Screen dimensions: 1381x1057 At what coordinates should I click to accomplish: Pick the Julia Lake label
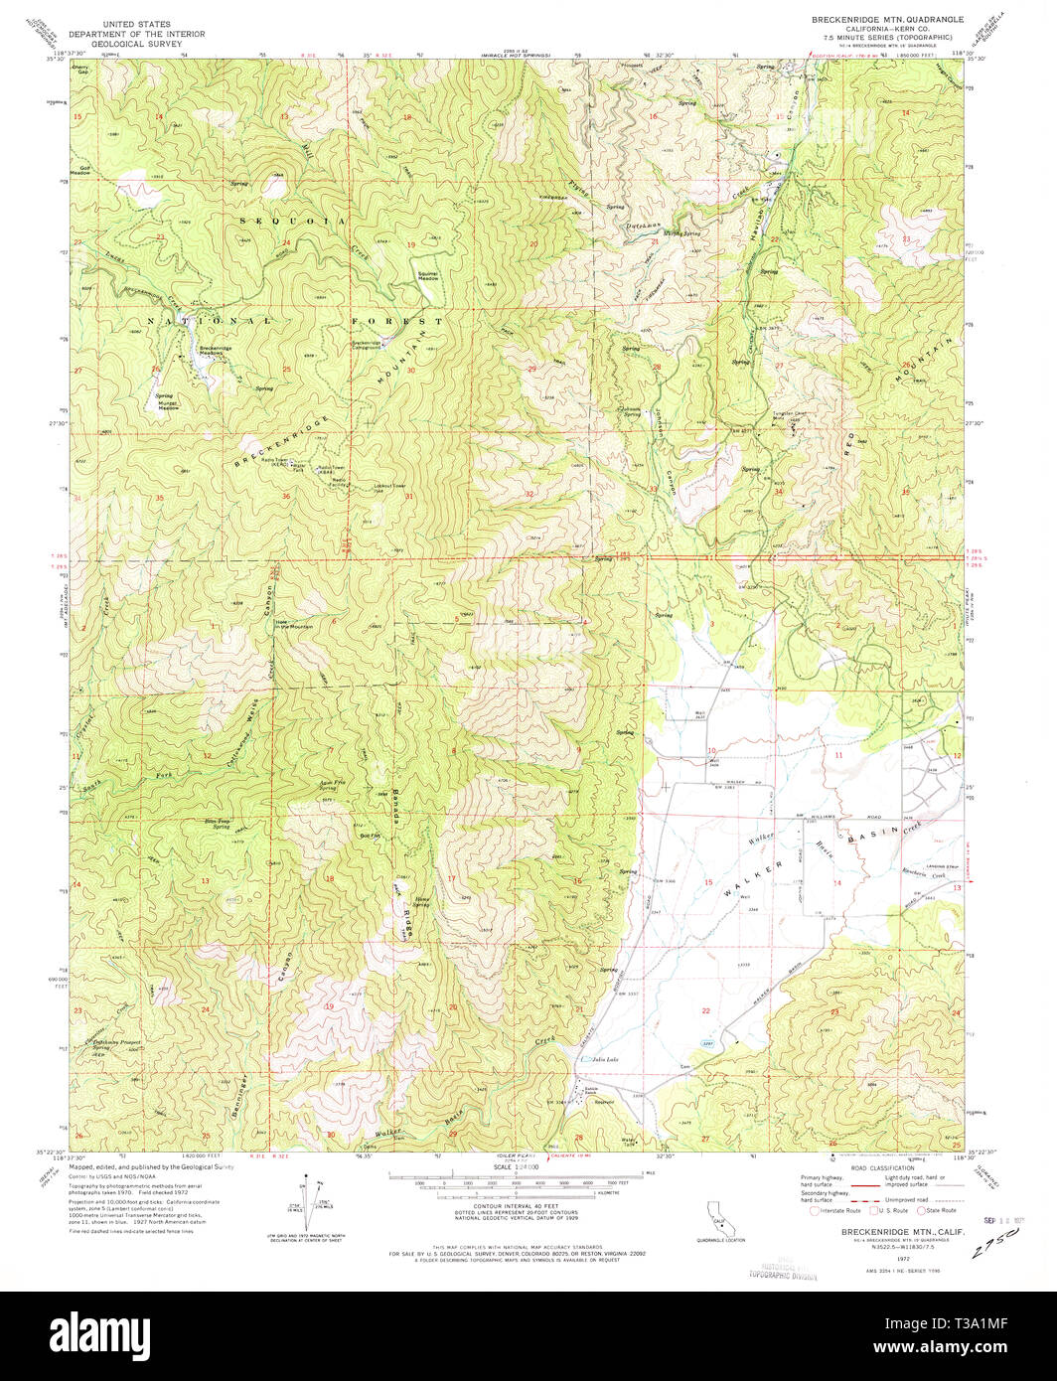[605, 1060]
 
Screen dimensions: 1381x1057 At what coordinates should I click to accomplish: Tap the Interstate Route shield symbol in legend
[819, 1211]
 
